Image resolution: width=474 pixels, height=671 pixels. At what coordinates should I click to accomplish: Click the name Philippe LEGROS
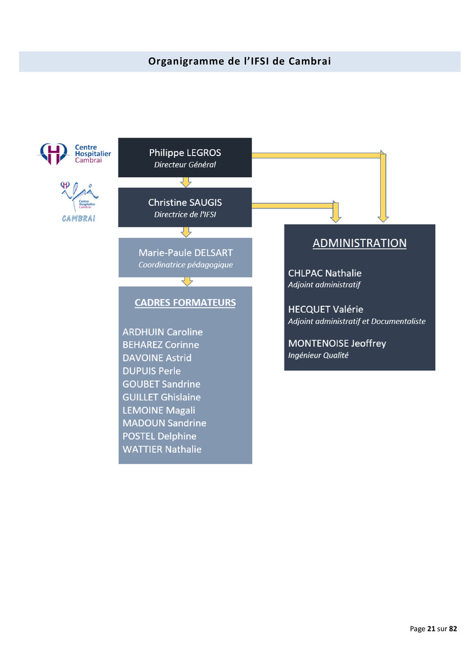(x=185, y=153)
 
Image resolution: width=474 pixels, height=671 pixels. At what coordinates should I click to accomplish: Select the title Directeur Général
(x=185, y=165)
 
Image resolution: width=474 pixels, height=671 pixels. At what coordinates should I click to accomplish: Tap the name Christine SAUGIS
(x=185, y=202)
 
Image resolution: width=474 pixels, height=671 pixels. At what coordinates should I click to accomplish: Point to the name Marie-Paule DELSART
(x=186, y=253)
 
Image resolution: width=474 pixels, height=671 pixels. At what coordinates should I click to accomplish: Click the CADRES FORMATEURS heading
(x=185, y=303)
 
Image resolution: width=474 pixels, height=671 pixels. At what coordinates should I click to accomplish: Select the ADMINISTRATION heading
(x=359, y=243)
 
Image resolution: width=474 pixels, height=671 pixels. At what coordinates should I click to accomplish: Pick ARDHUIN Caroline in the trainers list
(x=163, y=332)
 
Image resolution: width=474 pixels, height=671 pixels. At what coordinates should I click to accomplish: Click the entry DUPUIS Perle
(x=151, y=371)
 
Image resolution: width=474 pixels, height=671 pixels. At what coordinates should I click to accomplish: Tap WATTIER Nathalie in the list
(x=162, y=450)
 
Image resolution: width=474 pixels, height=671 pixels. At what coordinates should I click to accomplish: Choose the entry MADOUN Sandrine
(x=164, y=423)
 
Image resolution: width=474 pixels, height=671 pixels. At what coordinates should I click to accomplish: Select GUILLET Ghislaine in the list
(x=162, y=397)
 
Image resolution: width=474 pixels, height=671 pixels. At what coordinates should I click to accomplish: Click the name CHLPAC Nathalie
(x=325, y=273)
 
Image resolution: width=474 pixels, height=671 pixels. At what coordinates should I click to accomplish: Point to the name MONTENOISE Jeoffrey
(x=337, y=343)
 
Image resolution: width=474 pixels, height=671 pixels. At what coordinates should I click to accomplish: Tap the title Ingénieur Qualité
(x=318, y=355)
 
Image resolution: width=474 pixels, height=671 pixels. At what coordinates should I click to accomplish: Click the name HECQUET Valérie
(x=325, y=309)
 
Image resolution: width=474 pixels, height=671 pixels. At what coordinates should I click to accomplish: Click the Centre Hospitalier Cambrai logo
(x=74, y=154)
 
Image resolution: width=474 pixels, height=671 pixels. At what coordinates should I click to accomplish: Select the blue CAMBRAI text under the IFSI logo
(x=78, y=219)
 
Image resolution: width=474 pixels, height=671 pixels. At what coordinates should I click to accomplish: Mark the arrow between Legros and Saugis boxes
(x=186, y=182)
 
